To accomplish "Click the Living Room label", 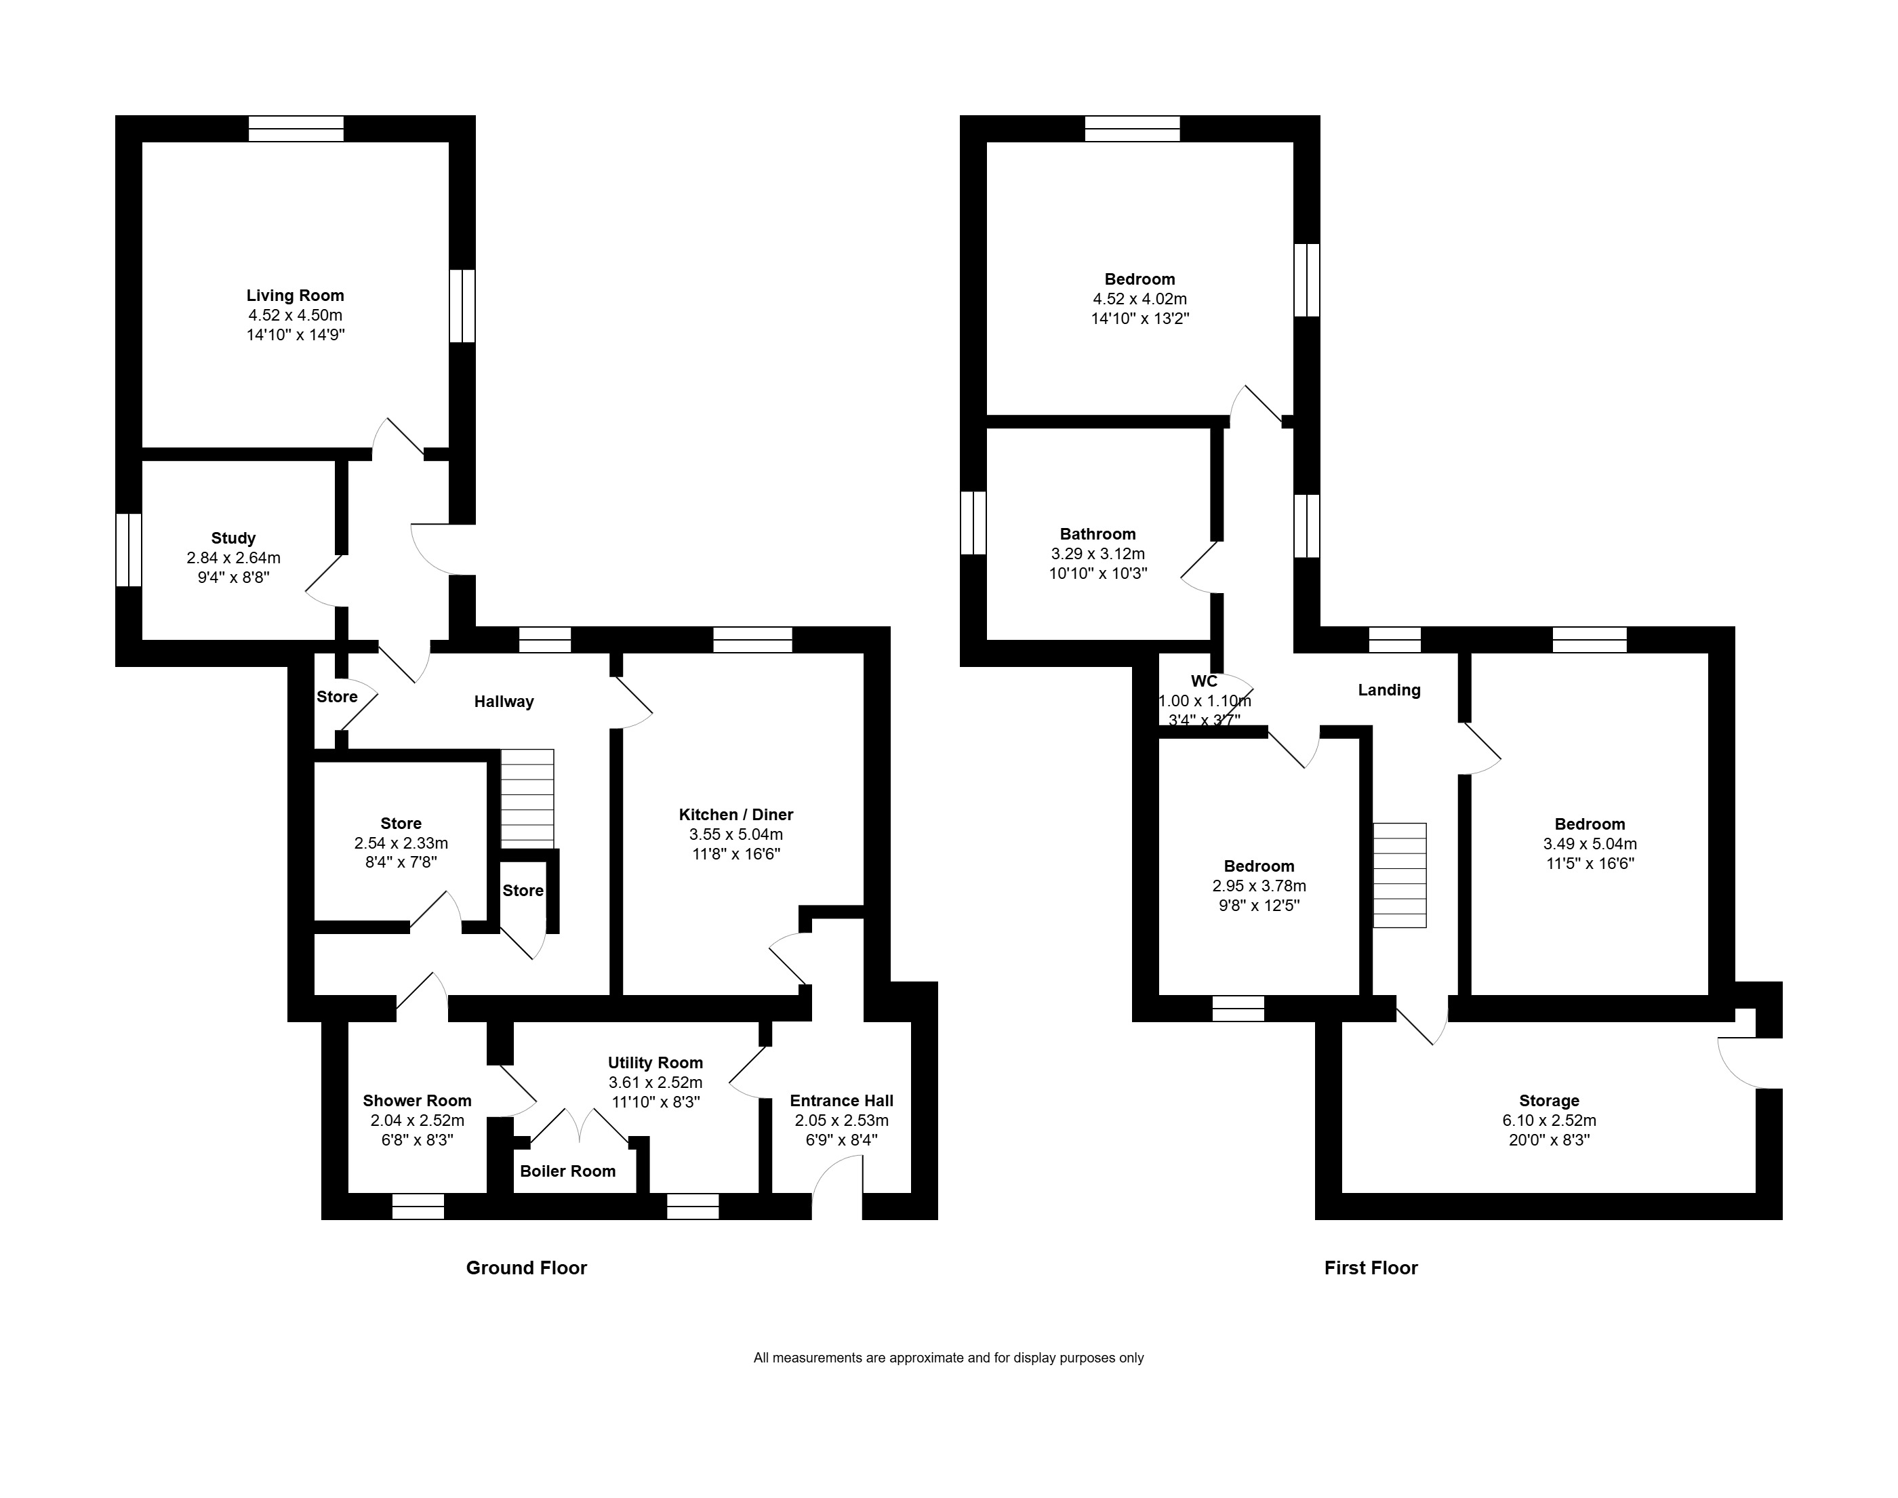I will click(295, 296).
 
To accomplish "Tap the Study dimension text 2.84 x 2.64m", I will click(233, 558).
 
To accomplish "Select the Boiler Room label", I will click(567, 1171).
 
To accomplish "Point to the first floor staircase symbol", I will click(1399, 874).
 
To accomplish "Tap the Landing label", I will click(1388, 690).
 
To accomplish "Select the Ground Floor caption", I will click(526, 1268).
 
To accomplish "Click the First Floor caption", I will click(1370, 1268).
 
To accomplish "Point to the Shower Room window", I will click(418, 1207).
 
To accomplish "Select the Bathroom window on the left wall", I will click(973, 523).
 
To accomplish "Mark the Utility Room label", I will click(655, 1063).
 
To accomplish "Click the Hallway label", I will click(504, 702).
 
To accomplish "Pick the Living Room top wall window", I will click(296, 129).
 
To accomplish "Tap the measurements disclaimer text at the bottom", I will click(948, 1358).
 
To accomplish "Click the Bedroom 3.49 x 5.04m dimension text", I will click(1590, 844).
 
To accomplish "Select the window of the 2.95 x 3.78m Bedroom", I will click(1238, 1009).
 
